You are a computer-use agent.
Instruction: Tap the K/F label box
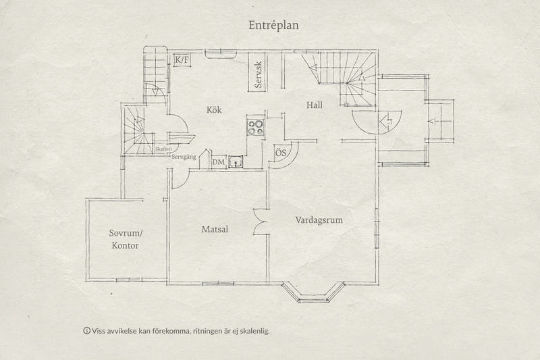[x=182, y=61]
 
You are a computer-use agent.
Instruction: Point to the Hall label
[x=315, y=105]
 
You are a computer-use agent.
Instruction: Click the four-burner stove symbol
[x=256, y=126]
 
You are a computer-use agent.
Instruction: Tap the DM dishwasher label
[x=218, y=162]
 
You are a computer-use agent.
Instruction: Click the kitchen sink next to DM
[x=236, y=162]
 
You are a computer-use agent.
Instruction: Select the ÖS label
[x=282, y=154]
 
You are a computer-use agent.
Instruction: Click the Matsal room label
[x=215, y=230]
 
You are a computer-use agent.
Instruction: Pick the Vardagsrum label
[x=320, y=220]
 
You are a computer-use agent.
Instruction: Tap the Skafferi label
[x=163, y=149]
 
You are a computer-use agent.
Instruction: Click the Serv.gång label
[x=185, y=157]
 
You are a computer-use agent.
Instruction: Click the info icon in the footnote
[x=86, y=332]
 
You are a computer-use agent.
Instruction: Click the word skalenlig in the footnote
[x=260, y=332]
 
